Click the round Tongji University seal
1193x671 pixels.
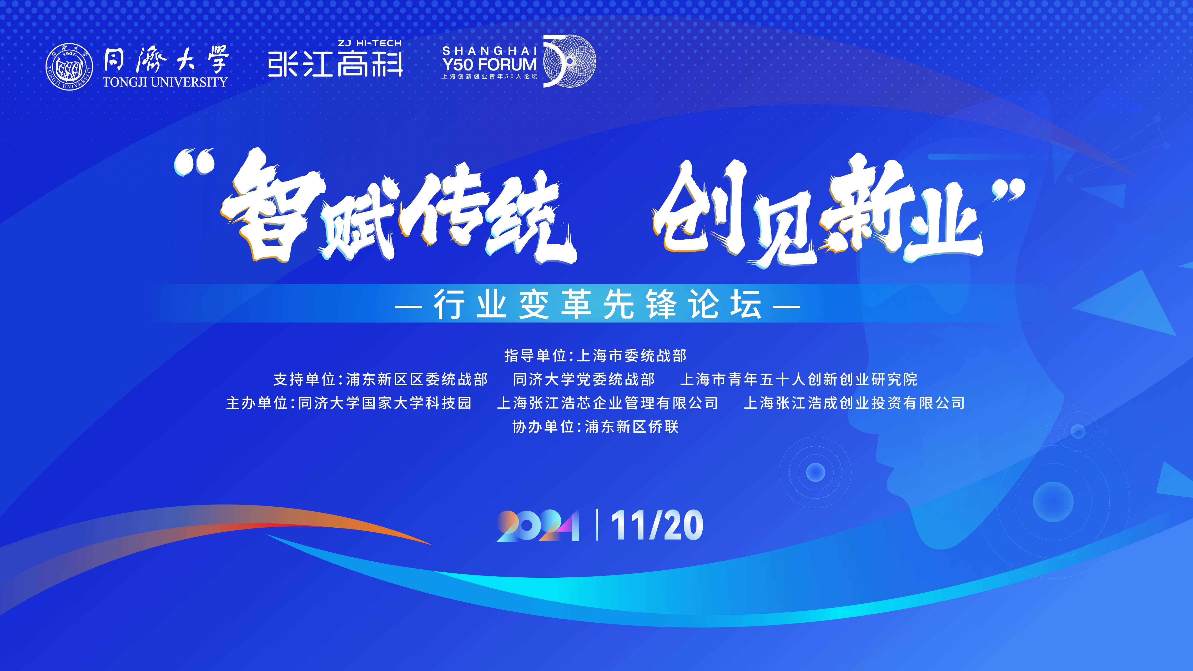[69, 67]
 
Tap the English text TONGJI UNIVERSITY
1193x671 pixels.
[165, 82]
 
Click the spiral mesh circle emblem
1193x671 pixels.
[570, 61]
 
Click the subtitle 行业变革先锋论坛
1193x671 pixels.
[597, 304]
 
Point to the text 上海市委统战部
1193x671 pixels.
[631, 356]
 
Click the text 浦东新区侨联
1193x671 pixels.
[632, 426]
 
